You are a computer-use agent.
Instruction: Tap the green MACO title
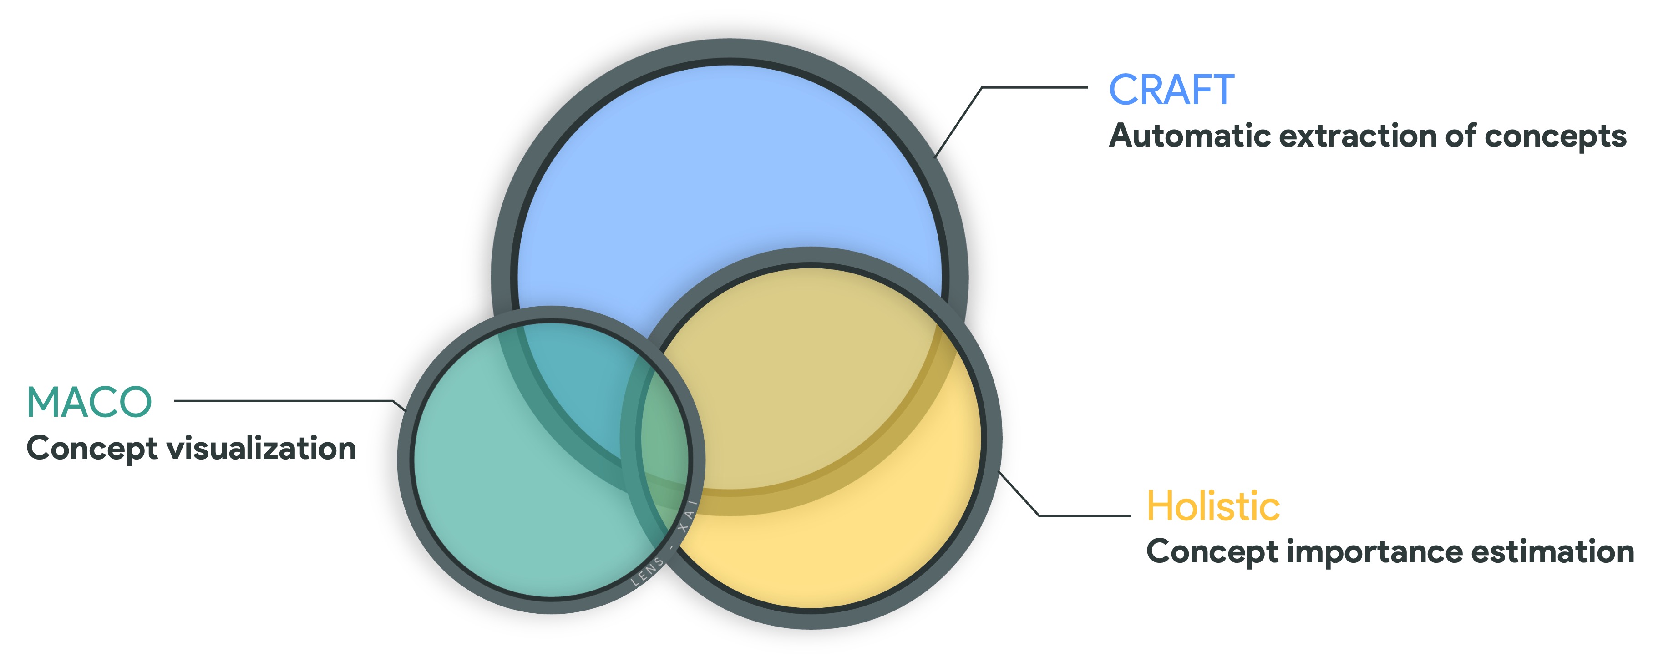click(x=89, y=403)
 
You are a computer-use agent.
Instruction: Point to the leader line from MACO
click(x=283, y=401)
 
